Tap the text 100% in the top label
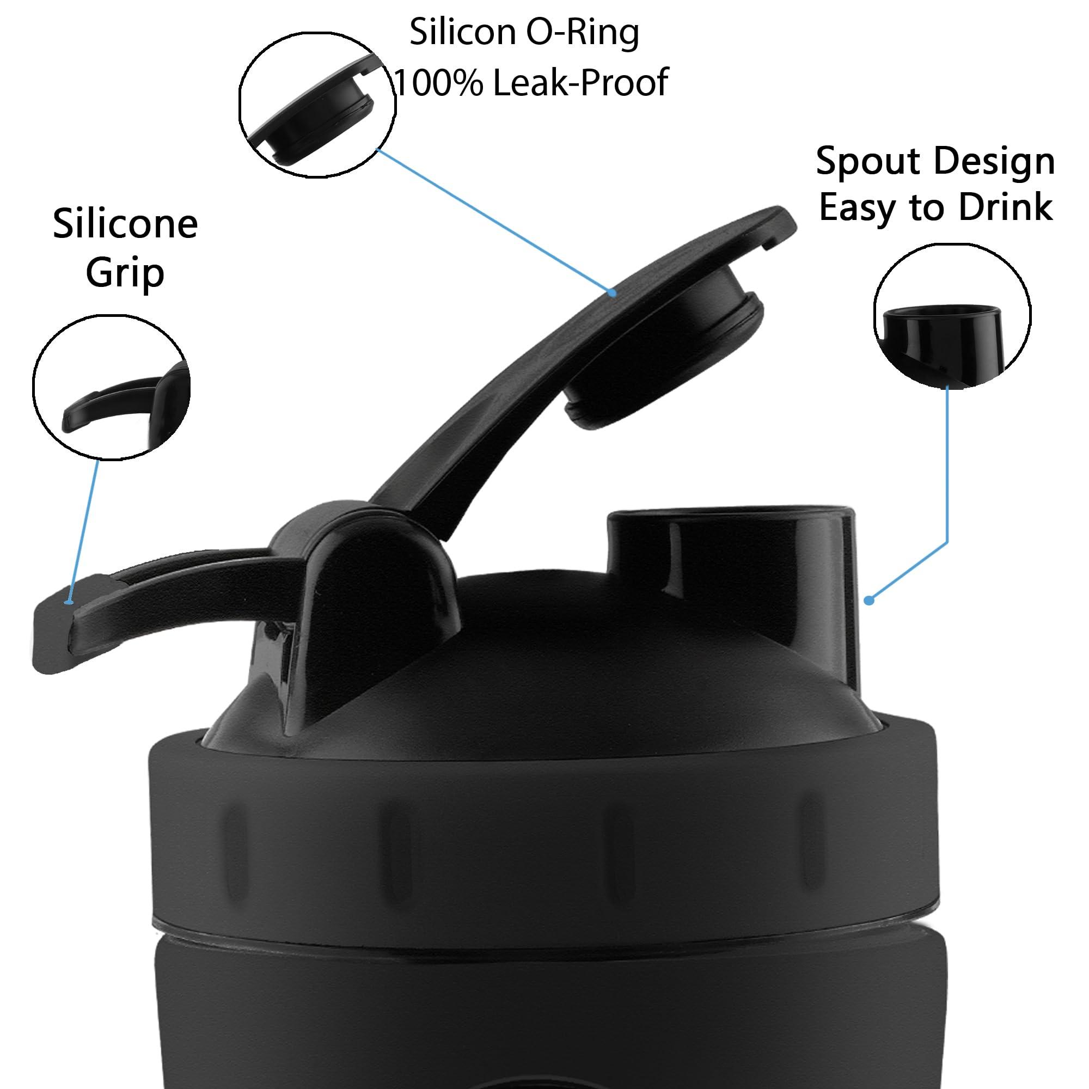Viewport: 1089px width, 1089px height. (437, 82)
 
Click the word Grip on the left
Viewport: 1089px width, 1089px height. (125, 274)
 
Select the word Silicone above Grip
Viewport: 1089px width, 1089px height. (125, 224)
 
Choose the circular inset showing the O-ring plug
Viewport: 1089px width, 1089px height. (317, 101)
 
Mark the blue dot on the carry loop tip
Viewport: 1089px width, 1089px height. (68, 602)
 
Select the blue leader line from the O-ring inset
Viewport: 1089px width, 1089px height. (494, 221)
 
